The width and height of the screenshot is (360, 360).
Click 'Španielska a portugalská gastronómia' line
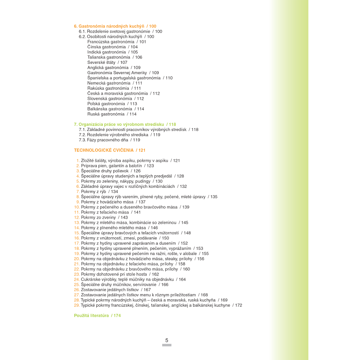point(130,78)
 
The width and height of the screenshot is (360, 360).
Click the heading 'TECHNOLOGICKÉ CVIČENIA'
point(109,150)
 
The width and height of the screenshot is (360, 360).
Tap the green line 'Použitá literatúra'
point(97,316)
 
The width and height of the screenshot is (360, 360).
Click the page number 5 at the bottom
point(167,340)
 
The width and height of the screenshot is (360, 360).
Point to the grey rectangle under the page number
point(167,346)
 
